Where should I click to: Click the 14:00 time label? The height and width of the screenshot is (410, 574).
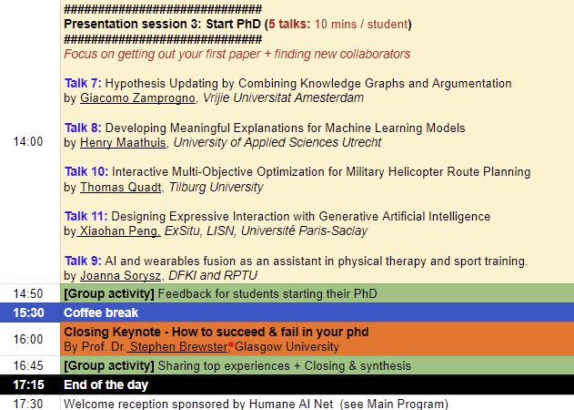coord(28,141)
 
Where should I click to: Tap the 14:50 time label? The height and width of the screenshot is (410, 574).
coord(28,293)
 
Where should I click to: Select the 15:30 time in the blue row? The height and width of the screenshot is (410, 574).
coord(28,313)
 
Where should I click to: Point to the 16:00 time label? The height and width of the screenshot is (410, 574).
coord(28,339)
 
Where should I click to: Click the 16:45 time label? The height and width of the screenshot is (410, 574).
coord(28,365)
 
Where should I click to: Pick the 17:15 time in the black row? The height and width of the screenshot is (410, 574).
coord(28,384)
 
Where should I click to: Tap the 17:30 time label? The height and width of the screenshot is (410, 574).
coord(28,404)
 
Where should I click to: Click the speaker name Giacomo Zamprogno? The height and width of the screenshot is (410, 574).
coord(137,97)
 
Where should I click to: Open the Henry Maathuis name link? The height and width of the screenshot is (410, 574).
coord(123,142)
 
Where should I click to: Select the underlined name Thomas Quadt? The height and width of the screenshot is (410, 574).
coord(121,187)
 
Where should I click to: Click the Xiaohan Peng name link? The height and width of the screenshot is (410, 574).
coord(120,231)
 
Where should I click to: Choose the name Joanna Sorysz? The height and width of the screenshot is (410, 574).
coord(120,275)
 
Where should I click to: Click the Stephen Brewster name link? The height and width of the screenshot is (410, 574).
coord(178,346)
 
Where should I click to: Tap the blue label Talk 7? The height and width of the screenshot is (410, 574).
coord(83,83)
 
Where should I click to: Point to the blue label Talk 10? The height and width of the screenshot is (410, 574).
coord(86,171)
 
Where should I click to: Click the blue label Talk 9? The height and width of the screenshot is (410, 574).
coord(83,261)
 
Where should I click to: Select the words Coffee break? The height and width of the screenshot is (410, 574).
coord(101,313)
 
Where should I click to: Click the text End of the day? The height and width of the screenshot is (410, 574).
coord(106,384)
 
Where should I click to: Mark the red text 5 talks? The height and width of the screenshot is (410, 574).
coord(289,24)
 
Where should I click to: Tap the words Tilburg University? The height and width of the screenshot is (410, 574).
coord(216,187)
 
